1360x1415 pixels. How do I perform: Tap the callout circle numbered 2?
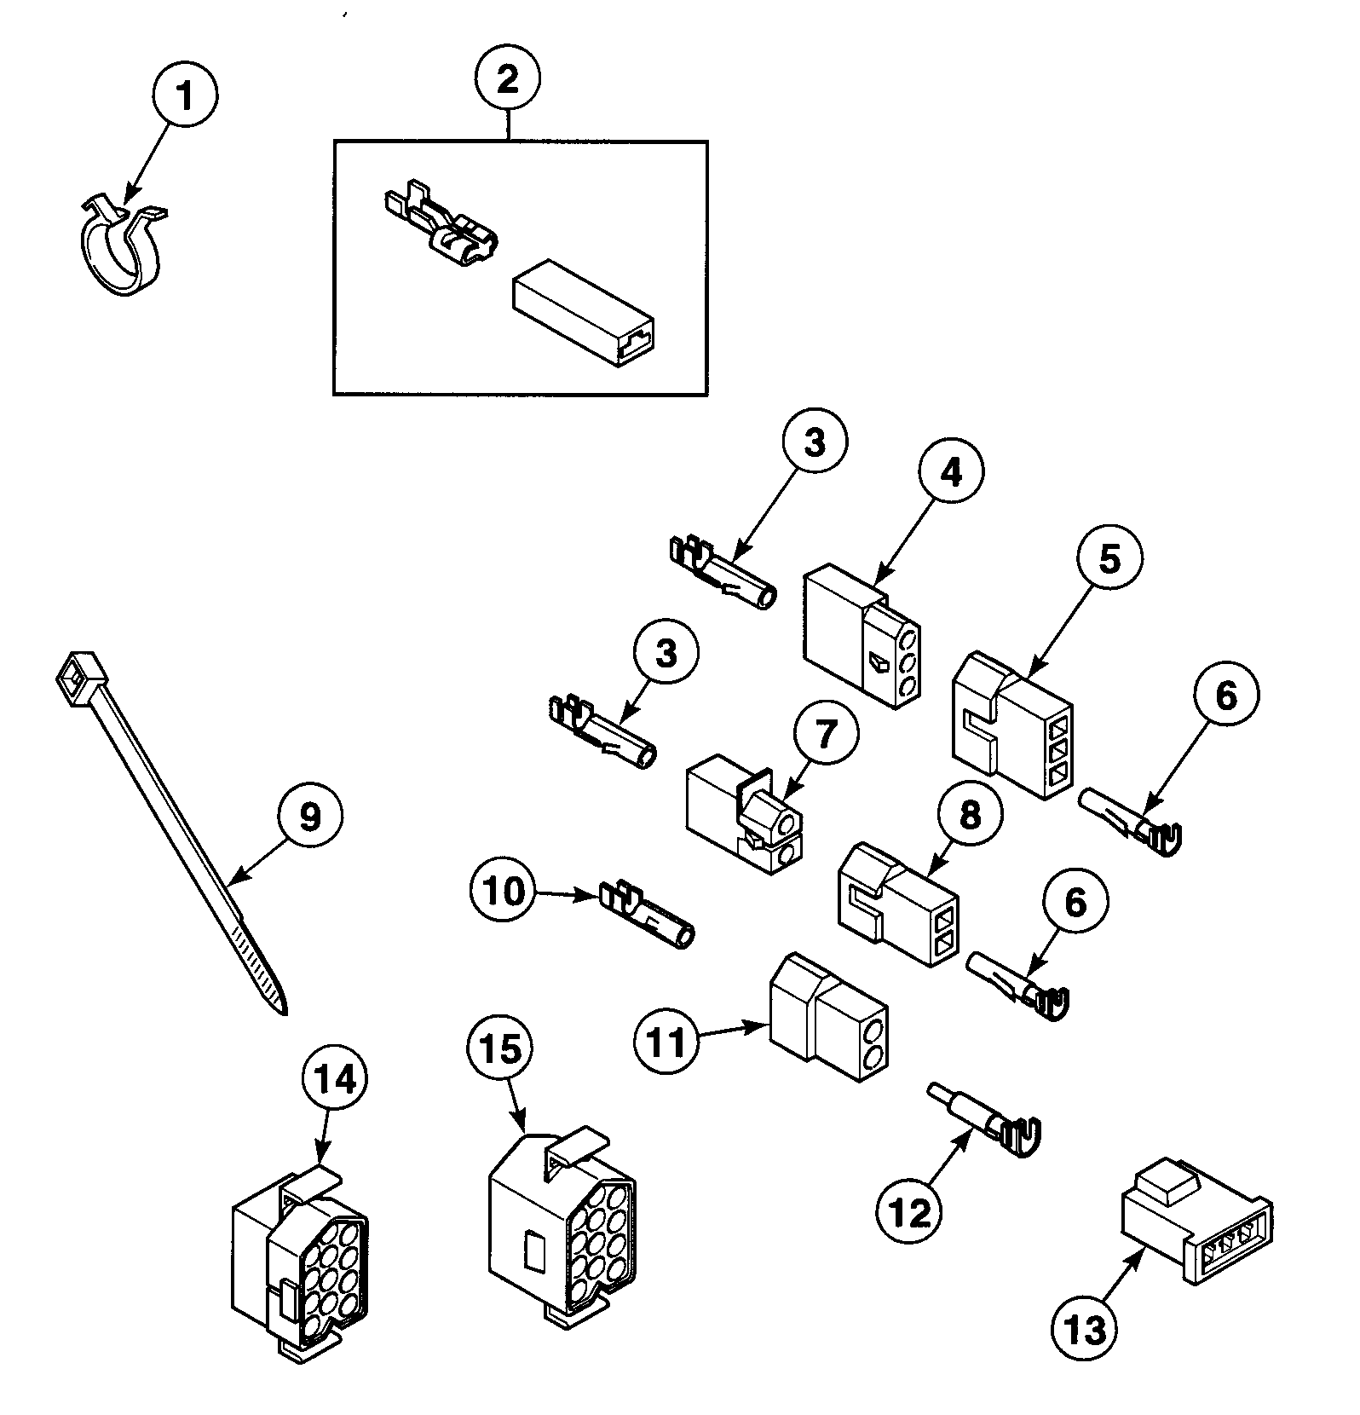(507, 81)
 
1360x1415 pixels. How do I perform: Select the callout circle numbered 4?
(951, 472)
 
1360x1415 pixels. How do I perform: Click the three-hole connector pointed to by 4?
(862, 649)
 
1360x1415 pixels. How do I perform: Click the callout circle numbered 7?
(825, 735)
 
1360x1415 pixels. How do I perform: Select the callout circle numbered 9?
(309, 815)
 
